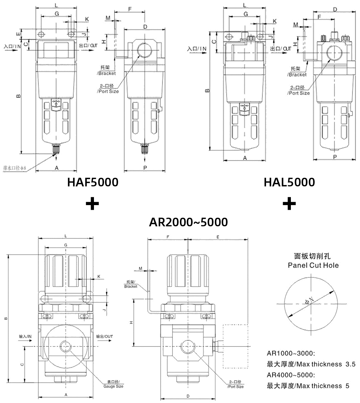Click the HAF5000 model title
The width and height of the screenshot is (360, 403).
[93, 182]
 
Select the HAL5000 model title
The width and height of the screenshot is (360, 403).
[289, 182]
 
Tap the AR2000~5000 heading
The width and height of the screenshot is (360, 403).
[188, 222]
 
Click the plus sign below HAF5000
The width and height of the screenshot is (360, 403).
[93, 204]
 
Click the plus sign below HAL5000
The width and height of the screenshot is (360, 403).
[289, 204]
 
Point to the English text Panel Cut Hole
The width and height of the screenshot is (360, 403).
[313, 266]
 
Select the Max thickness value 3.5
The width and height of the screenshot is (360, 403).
[350, 364]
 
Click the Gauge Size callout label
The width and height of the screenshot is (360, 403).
[113, 386]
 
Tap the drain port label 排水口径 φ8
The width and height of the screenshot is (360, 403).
[15, 168]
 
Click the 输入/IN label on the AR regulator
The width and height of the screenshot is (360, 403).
[26, 336]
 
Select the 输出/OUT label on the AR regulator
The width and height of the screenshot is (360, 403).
[105, 336]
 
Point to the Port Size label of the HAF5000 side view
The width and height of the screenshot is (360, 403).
[108, 91]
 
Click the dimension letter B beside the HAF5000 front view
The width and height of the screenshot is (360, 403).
[18, 96]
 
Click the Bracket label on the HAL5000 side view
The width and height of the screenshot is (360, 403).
[297, 75]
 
